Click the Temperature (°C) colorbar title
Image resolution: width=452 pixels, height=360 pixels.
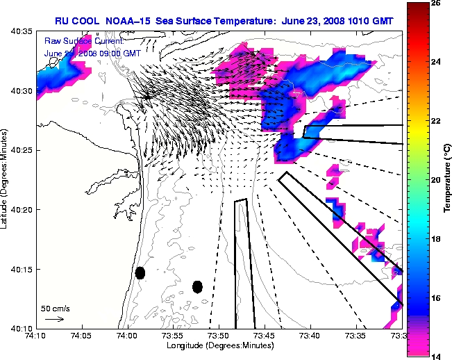[447, 179]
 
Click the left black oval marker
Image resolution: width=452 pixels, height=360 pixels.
[140, 273]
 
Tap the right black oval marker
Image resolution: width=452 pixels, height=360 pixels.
[197, 286]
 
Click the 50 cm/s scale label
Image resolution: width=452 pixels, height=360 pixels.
[55, 308]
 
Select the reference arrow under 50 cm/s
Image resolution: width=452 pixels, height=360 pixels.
[54, 319]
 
